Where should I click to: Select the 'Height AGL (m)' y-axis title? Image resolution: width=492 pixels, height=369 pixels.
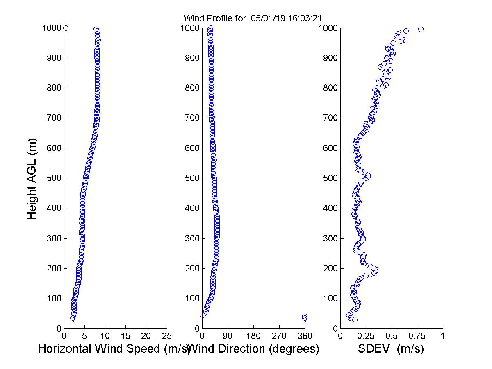point(32,179)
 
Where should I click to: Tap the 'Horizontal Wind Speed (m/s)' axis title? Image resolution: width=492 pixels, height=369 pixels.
point(114,349)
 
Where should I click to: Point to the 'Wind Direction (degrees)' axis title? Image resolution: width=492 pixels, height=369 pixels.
point(255,349)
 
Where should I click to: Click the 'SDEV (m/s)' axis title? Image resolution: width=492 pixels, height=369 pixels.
point(391,349)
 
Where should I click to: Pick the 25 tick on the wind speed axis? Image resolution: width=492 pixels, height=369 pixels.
point(167,336)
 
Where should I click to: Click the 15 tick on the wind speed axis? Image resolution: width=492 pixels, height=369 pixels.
point(126,336)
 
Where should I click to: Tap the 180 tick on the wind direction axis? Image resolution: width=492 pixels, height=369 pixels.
point(253,336)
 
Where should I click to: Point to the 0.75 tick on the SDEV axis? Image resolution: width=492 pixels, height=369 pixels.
point(417,336)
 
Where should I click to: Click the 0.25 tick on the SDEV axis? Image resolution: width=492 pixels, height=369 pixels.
point(366,336)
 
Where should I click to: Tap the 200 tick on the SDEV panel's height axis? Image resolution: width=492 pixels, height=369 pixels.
point(330,268)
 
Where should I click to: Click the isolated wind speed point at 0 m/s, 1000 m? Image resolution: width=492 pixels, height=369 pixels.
point(66,28)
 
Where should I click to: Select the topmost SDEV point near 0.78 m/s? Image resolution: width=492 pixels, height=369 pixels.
point(421,29)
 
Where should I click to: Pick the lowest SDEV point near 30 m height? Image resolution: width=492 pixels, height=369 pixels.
point(355,319)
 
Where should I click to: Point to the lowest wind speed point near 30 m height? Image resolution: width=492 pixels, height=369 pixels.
point(72,319)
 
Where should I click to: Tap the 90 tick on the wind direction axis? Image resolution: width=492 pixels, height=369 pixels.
point(228,336)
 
